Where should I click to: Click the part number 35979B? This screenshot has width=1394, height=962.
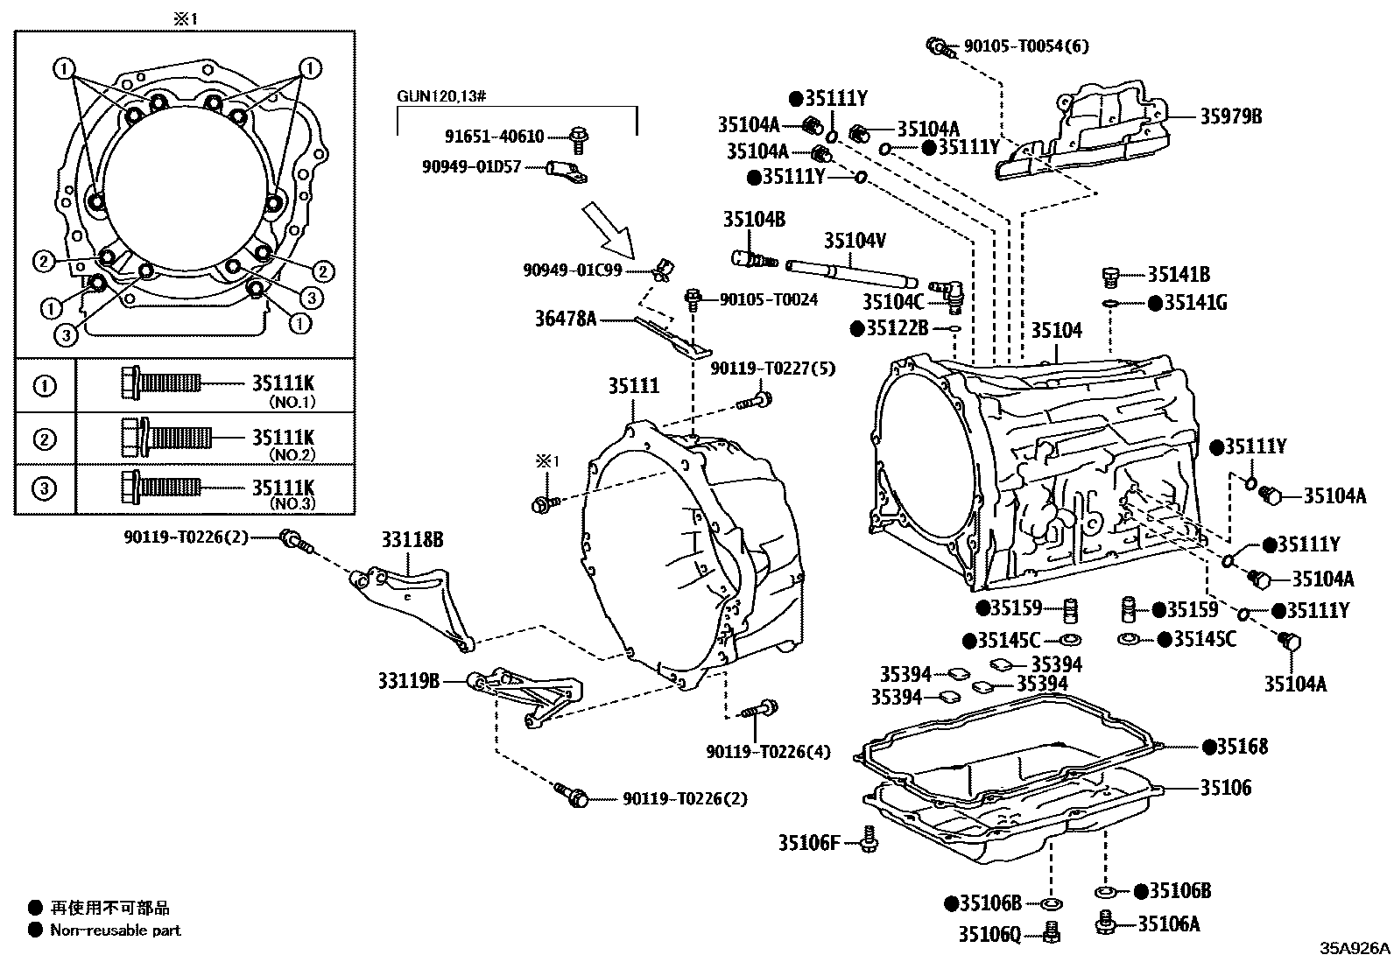point(1230,116)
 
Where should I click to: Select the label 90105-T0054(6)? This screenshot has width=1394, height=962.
point(1026,46)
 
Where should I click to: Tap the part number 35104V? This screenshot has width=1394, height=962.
point(855,240)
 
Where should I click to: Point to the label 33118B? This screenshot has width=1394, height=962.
point(412,539)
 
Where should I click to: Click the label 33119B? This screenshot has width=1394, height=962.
point(409,681)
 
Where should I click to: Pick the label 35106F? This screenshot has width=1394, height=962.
point(809,843)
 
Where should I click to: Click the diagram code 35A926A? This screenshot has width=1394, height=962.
point(1355,948)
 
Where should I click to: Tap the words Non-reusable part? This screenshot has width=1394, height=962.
point(115,930)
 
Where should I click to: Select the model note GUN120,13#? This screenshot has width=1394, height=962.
point(441,96)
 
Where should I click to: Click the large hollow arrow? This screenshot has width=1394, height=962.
point(608,231)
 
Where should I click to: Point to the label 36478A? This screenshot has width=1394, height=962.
point(566,319)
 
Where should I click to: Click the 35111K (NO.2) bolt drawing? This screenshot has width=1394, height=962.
point(166,438)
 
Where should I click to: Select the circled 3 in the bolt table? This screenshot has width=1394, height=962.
point(44,488)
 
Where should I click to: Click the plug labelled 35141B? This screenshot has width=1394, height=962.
point(1110,277)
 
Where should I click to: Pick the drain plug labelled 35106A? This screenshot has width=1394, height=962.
point(1104,923)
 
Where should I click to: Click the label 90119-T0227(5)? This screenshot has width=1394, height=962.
point(773,369)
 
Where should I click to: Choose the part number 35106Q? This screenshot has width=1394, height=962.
point(989,935)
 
